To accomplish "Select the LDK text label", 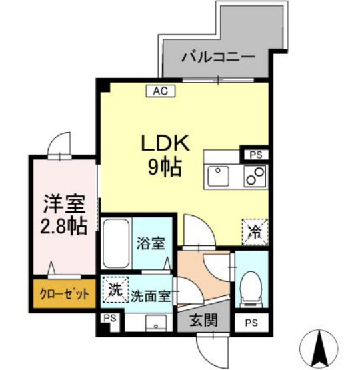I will point(165,143).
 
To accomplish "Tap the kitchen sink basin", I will point(218,177).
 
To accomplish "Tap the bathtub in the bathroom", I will point(115,244).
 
